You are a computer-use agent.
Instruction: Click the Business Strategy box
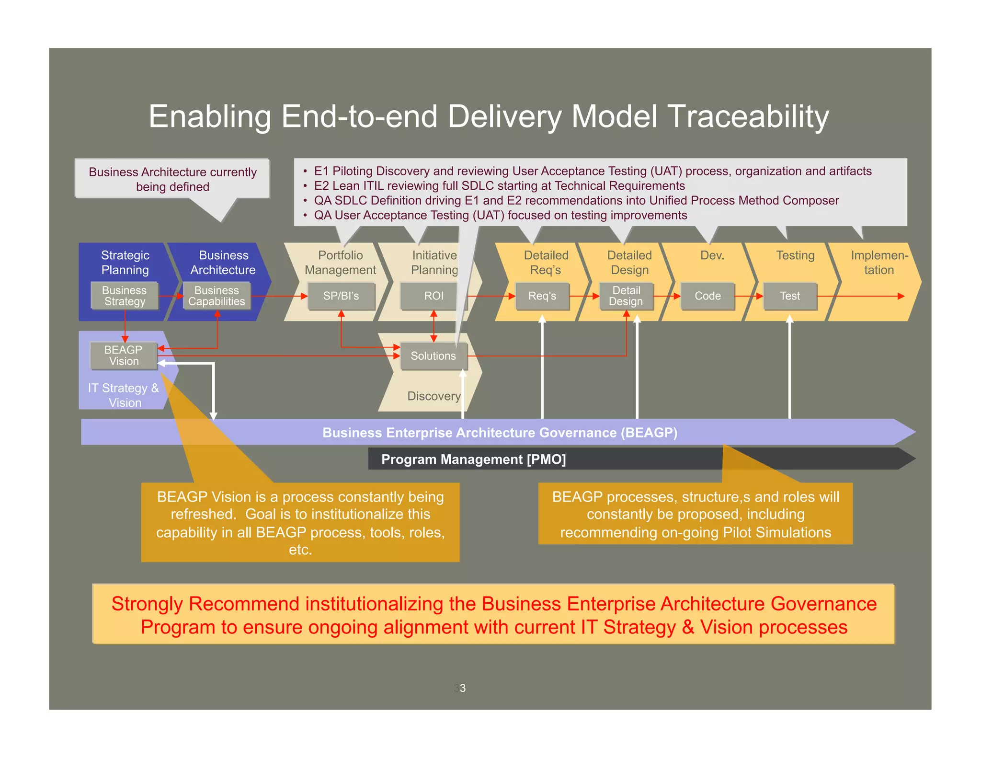(x=125, y=296)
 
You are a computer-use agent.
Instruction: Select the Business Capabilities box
(x=217, y=296)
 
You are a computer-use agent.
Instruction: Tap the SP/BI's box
(x=341, y=296)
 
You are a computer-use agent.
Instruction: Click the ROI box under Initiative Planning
(x=433, y=296)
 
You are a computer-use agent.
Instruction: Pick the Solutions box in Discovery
(x=433, y=356)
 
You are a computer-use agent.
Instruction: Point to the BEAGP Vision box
(x=124, y=356)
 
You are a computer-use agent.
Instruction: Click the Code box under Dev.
(x=707, y=296)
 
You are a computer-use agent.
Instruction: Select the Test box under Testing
(x=789, y=296)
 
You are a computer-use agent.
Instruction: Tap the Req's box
(x=542, y=296)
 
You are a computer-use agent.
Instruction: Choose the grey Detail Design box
(x=626, y=296)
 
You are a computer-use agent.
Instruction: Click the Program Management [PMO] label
(x=473, y=459)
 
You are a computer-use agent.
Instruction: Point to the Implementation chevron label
(x=879, y=263)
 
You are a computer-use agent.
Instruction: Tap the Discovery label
(x=433, y=396)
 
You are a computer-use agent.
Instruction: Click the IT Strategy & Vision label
(x=124, y=395)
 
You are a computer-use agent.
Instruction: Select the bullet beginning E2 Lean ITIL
(x=499, y=186)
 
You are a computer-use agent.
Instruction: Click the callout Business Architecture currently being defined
(x=172, y=179)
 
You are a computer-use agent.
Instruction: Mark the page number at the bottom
(x=460, y=688)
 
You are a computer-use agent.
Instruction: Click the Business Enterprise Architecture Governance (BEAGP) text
(x=500, y=433)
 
